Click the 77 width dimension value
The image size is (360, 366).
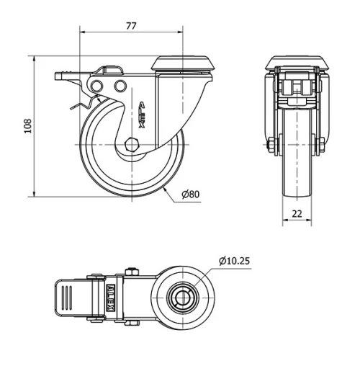131,25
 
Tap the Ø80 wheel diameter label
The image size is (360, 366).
190,195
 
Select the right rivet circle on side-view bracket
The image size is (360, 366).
119,87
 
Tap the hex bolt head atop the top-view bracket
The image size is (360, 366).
133,272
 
